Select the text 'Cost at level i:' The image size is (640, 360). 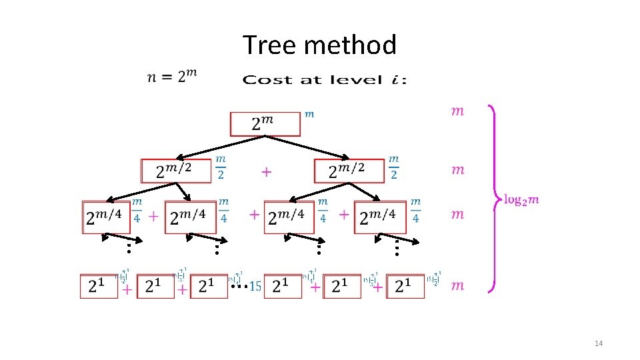pyautogui.click(x=324, y=80)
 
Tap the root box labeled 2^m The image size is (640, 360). pyautogui.click(x=265, y=124)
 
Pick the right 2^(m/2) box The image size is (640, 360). pyautogui.click(x=349, y=171)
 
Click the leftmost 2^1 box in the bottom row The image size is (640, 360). pyautogui.click(x=98, y=286)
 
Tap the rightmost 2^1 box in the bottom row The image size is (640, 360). pyautogui.click(x=405, y=286)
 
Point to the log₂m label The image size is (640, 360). pyautogui.click(x=521, y=199)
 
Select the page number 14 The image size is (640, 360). pyautogui.click(x=598, y=343)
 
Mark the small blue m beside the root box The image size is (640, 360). pyautogui.click(x=309, y=114)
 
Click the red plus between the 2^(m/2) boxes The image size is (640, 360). pyautogui.click(x=266, y=172)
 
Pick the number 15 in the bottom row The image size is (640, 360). pyautogui.click(x=255, y=288)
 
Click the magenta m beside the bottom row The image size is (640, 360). pyautogui.click(x=457, y=285)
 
